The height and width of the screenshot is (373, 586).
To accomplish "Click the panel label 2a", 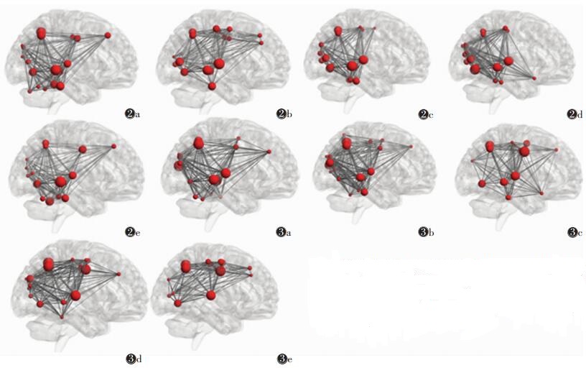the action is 132,113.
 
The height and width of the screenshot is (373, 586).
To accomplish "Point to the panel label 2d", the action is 574,114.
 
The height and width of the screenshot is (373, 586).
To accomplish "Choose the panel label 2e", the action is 132,232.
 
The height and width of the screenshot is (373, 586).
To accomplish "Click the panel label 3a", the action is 282,232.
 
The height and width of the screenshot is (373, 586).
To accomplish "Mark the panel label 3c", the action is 574,232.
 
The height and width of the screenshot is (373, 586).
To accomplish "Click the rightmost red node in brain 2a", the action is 108,34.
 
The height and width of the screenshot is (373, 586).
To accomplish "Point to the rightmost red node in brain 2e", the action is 113,147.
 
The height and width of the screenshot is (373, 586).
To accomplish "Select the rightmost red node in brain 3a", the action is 269,151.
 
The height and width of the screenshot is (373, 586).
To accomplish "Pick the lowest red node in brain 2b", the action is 213,86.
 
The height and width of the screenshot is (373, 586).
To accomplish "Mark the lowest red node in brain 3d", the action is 62,316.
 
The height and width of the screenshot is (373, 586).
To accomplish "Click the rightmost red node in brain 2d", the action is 534,78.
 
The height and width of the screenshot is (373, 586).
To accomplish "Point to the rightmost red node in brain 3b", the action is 411,147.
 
